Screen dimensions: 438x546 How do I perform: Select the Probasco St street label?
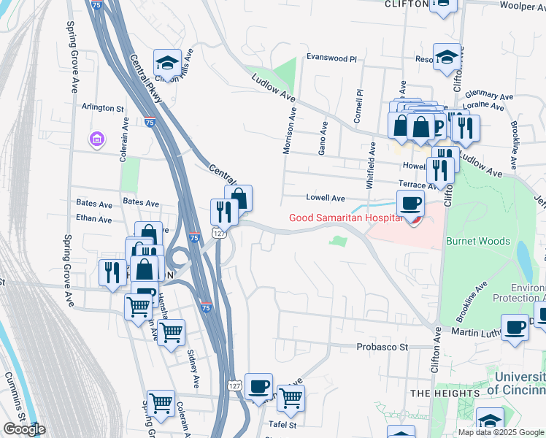point(381,347)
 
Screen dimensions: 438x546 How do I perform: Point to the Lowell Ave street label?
point(325,198)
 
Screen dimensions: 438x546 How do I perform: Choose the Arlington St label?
point(102,108)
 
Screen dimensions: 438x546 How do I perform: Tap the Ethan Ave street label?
point(94,219)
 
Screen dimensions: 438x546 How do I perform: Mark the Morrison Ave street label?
point(292,132)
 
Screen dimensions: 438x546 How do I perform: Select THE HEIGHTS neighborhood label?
point(445,393)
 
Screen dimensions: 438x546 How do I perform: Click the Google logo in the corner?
point(23,429)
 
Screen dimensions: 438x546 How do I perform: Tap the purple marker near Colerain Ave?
point(96,138)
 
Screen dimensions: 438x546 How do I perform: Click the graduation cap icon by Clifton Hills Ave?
point(167,62)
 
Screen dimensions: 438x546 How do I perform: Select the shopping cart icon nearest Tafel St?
point(291,399)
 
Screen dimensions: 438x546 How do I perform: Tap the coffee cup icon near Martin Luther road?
point(515,327)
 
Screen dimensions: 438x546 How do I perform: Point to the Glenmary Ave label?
point(494,96)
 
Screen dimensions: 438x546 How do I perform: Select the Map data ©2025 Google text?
point(501,432)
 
